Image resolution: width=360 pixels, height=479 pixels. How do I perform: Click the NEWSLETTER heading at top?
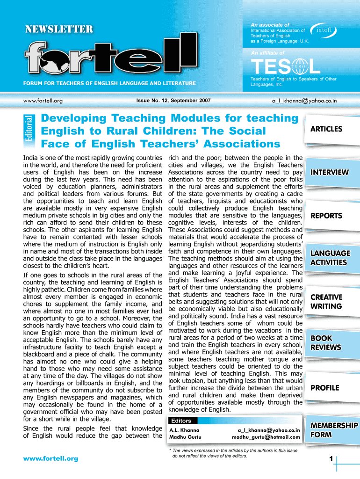tap(59, 29)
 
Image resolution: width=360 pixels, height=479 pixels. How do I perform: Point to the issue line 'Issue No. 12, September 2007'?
tap(173, 101)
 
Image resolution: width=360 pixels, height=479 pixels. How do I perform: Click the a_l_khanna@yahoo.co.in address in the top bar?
tap(304, 100)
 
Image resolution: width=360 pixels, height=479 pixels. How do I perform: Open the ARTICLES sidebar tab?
tap(326, 129)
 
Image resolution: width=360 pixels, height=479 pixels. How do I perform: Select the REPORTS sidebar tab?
tap(326, 216)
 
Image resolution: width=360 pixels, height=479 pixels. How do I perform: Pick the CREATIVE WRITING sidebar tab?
tap(326, 302)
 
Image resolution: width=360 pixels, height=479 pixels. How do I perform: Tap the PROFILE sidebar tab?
tap(325, 388)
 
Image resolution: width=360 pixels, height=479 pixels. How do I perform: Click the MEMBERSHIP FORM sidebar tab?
tap(331, 430)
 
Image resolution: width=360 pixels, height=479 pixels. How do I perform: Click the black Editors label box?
tap(181, 421)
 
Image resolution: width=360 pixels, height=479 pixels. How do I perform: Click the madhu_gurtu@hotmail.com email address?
tap(266, 437)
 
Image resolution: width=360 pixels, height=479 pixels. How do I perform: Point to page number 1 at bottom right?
tap(331, 459)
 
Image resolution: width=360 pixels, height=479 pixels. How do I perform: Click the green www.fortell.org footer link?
tap(51, 458)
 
